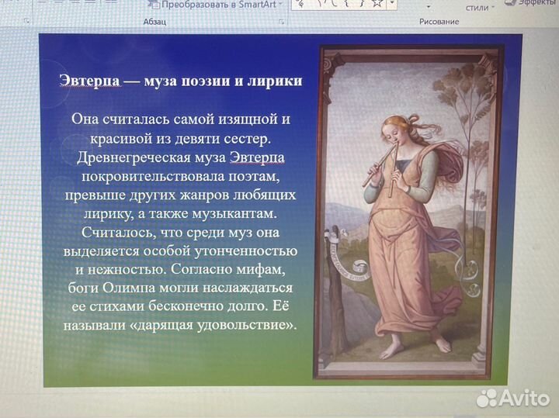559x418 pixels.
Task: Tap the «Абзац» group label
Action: point(155,22)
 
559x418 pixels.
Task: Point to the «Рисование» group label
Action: point(439,22)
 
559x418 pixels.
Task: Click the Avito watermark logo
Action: point(513,399)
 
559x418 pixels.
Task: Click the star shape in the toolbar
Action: point(377,4)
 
